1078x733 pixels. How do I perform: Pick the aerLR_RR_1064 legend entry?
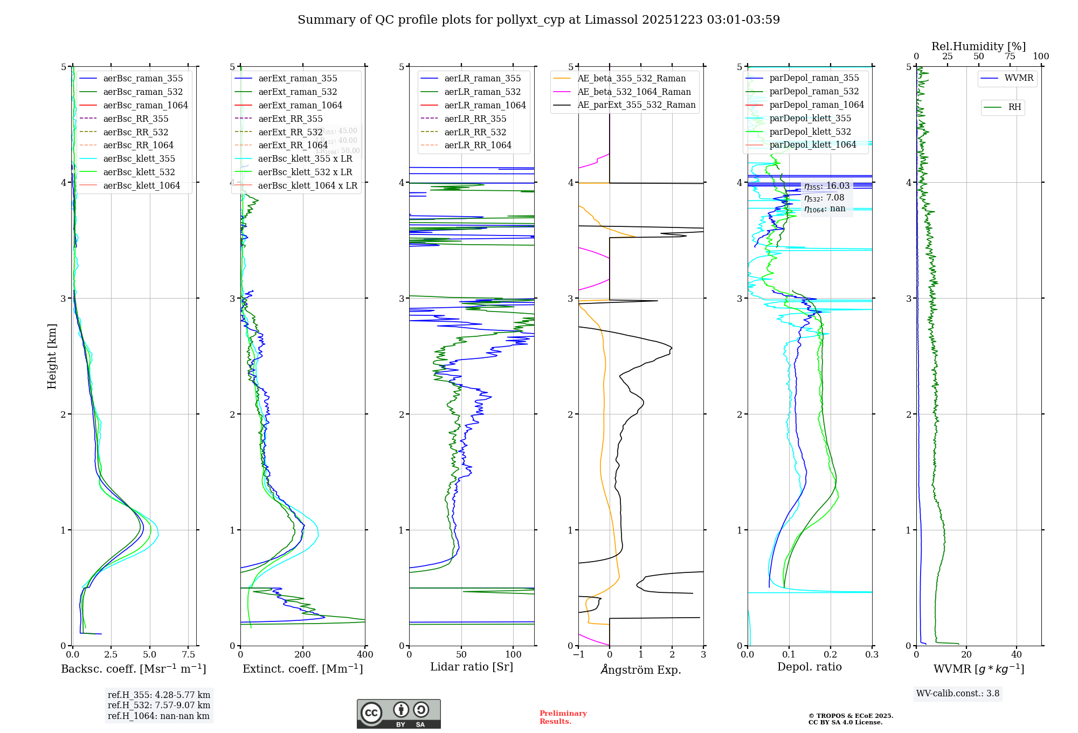(478, 145)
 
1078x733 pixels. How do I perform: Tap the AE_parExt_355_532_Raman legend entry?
(636, 105)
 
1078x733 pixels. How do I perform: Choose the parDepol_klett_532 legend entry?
(810, 132)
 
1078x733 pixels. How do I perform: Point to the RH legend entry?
(1014, 107)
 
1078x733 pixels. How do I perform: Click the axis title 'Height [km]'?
(52, 356)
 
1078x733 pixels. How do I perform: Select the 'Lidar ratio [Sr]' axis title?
(472, 667)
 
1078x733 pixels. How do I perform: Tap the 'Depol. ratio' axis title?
(809, 667)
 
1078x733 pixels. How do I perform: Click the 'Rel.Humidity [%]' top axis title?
(978, 46)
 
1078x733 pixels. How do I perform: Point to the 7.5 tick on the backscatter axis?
(188, 655)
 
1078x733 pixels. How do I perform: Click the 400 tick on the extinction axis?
(365, 655)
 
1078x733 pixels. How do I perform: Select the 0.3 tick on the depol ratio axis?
(872, 655)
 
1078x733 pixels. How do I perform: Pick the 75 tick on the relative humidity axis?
(1010, 57)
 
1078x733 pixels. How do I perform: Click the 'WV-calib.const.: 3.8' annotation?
(958, 694)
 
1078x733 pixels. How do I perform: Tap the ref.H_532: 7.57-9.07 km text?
(159, 705)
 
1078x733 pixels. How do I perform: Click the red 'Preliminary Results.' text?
(563, 717)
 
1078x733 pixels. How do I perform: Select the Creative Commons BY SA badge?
(398, 714)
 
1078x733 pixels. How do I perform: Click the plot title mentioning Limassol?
(538, 20)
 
